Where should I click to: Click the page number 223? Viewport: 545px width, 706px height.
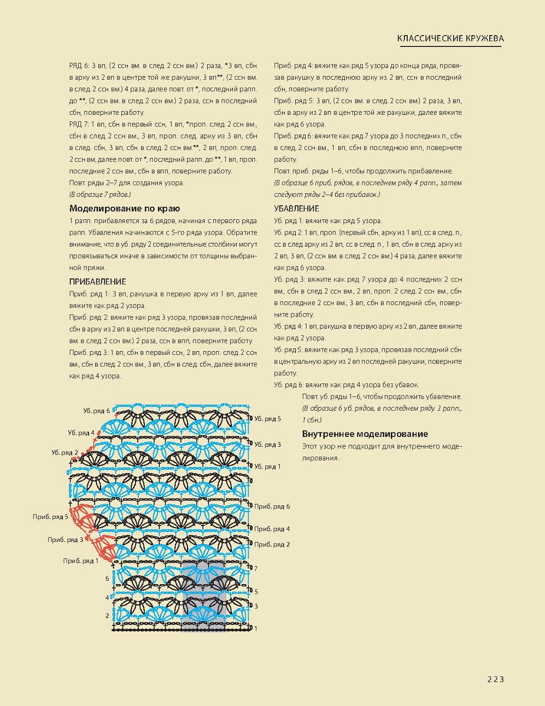[x=495, y=679]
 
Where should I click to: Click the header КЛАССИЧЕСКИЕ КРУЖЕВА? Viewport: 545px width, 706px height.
[x=450, y=38]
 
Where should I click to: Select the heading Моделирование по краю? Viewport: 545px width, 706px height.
[x=125, y=208]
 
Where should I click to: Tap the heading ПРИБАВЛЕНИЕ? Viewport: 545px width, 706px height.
[x=98, y=282]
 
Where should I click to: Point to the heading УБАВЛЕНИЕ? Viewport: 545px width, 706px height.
[x=296, y=208]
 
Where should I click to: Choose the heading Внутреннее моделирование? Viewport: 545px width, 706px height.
[x=365, y=434]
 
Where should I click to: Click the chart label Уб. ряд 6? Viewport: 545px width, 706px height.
[x=97, y=411]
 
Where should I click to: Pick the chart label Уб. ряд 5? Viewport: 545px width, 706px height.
[x=267, y=419]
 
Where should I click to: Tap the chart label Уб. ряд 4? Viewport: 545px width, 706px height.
[x=81, y=433]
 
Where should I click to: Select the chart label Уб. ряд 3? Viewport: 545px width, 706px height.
[x=267, y=445]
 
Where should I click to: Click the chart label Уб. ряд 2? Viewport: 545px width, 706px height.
[x=65, y=453]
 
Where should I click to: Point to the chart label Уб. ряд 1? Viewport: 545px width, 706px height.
[x=267, y=466]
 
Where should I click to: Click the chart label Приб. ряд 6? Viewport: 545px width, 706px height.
[x=272, y=506]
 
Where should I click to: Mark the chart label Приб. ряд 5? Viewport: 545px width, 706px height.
[x=50, y=516]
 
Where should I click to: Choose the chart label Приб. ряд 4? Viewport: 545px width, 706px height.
[x=272, y=529]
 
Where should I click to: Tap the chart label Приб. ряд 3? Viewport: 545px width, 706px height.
[x=65, y=540]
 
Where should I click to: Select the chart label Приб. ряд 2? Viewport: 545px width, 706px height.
[x=272, y=545]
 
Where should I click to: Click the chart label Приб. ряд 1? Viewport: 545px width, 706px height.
[x=80, y=561]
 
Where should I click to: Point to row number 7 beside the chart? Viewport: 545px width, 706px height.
[x=255, y=569]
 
